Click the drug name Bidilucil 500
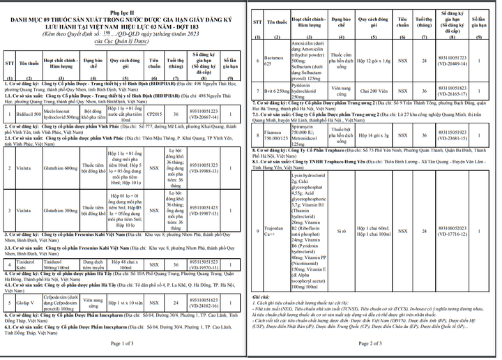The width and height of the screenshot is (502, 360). (29, 112)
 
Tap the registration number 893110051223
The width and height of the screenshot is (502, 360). (204, 112)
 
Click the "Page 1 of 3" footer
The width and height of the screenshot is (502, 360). (123, 343)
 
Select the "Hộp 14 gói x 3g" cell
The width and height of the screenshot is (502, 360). (374, 135)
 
